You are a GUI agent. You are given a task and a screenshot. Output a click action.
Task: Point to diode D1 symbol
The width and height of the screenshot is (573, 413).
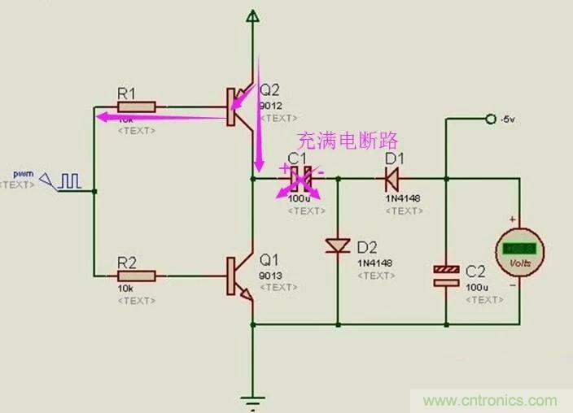393,175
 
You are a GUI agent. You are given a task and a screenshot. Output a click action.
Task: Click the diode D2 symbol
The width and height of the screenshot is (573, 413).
336,245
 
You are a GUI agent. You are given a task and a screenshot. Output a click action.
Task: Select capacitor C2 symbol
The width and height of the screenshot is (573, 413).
446,276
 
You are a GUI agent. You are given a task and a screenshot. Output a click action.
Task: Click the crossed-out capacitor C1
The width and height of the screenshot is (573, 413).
299,175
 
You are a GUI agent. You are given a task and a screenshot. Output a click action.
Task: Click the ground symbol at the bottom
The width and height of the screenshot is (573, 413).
254,399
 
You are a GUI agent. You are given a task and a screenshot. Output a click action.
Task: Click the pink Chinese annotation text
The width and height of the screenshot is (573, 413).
339,139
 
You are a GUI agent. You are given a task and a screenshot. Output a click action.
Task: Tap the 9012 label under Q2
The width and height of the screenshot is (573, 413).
270,107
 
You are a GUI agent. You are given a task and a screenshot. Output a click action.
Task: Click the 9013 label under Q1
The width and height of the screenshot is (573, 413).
270,275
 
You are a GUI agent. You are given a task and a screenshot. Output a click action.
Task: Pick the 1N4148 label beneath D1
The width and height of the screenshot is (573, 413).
401,198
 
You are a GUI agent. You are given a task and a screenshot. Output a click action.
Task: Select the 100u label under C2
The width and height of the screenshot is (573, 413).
477,287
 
